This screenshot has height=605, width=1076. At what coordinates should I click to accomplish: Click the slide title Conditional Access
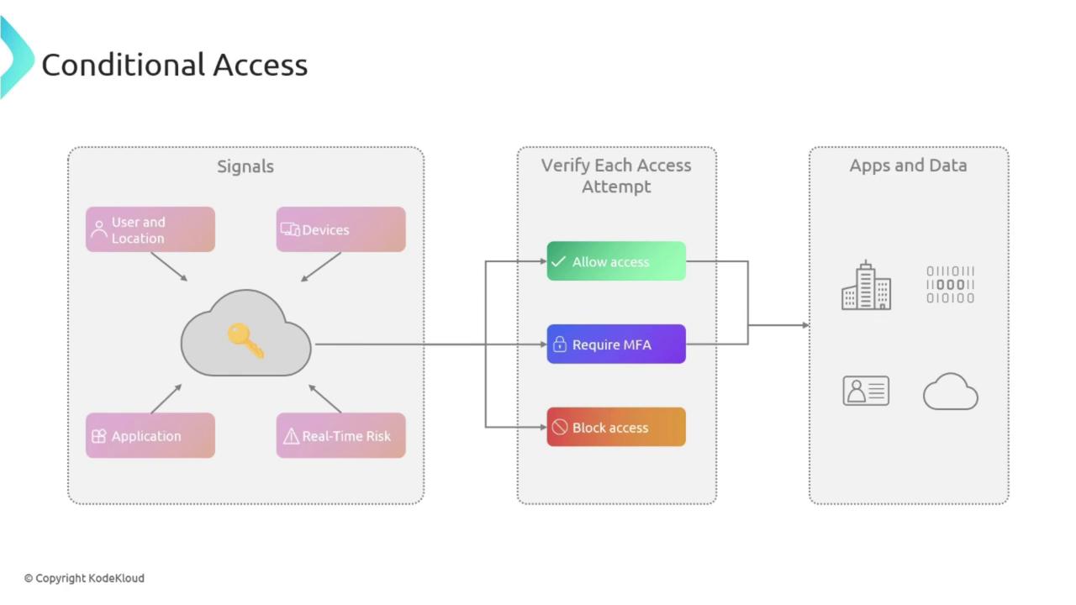pyautogui.click(x=175, y=65)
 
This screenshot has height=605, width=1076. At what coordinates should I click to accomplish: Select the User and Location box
pyautogui.click(x=150, y=229)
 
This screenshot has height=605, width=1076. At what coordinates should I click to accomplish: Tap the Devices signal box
pyautogui.click(x=340, y=229)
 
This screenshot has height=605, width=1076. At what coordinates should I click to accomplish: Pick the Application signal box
pyautogui.click(x=150, y=435)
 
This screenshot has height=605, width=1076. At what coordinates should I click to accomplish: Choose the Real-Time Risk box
pyautogui.click(x=340, y=435)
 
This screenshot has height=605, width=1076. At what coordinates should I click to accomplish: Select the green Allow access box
pyautogui.click(x=616, y=261)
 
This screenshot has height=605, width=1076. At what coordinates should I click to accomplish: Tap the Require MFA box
pyautogui.click(x=616, y=344)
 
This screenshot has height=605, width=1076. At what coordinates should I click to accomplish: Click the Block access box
pyautogui.click(x=616, y=427)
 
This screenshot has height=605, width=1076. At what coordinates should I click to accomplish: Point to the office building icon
pyautogui.click(x=866, y=286)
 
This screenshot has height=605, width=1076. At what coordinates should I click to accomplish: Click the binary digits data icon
pyautogui.click(x=950, y=284)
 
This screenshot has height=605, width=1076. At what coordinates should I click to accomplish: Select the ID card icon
pyautogui.click(x=866, y=391)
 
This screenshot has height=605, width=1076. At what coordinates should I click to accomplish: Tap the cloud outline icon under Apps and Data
pyautogui.click(x=950, y=392)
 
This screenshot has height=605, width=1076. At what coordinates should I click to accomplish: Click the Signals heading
pyautogui.click(x=245, y=166)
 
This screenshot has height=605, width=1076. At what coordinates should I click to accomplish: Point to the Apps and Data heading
pyautogui.click(x=908, y=166)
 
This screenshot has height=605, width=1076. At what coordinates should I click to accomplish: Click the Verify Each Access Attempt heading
pyautogui.click(x=616, y=176)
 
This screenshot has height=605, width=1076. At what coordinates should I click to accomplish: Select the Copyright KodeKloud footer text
pyautogui.click(x=84, y=578)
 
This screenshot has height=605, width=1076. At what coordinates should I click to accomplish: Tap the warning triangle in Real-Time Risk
pyautogui.click(x=291, y=436)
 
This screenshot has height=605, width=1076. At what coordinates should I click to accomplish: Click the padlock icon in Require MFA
pyautogui.click(x=559, y=345)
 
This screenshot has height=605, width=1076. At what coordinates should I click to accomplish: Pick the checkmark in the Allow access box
pyautogui.click(x=558, y=262)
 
